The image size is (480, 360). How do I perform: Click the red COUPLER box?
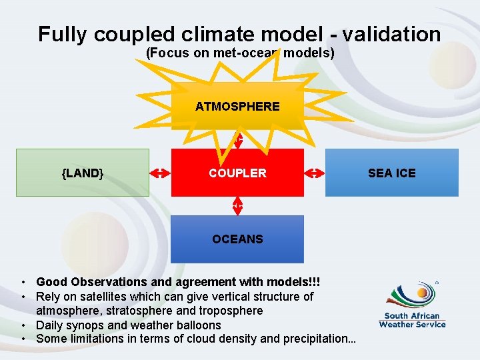[237, 173]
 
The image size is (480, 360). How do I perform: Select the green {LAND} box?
[83, 173]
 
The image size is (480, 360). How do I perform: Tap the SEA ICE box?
[392, 173]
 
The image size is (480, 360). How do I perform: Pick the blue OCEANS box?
[237, 239]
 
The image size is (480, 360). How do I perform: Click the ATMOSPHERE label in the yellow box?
[237, 106]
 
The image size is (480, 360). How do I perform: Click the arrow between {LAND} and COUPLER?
[160, 173]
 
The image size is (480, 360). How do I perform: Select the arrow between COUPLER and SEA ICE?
[315, 173]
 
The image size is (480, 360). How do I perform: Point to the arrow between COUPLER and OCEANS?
[237, 206]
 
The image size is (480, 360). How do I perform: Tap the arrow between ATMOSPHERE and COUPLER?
[237, 139]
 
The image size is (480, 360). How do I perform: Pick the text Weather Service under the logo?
[412, 325]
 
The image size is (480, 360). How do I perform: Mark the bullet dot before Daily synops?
[23, 325]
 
